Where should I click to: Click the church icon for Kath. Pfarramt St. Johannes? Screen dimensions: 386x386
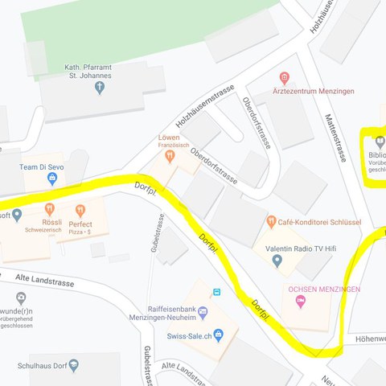pos(100,88)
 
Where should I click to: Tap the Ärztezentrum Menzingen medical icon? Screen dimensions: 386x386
pos(283,78)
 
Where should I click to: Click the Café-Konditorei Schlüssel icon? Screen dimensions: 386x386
pos(272,221)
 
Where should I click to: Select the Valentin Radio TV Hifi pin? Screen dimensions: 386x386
pos(277,260)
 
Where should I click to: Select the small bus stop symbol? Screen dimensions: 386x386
pos(216,291)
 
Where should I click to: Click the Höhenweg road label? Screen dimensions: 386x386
pos(366,338)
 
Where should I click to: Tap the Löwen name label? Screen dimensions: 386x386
pos(168,137)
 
